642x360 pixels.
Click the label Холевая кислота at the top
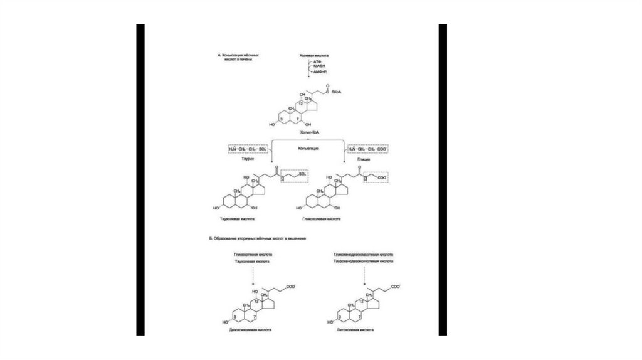(313, 56)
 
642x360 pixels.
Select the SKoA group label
(344, 92)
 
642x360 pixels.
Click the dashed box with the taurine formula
(248, 149)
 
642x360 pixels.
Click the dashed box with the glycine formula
(368, 149)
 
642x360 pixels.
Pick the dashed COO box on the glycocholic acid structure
(380, 178)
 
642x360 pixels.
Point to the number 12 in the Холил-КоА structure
(298, 103)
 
